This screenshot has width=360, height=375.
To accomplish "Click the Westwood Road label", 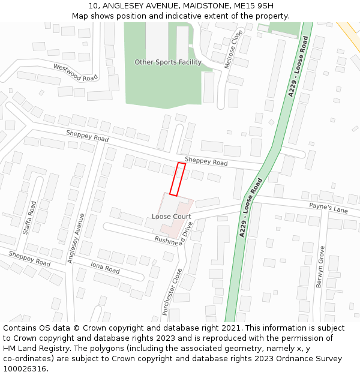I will [x=75, y=73].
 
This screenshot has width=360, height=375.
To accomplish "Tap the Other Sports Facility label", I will [x=168, y=62].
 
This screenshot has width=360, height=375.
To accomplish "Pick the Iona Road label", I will [x=106, y=266].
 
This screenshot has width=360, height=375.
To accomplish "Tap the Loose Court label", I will [x=171, y=217].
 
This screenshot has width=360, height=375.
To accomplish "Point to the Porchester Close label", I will [x=172, y=292].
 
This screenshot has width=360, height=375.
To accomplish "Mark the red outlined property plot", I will [x=177, y=179].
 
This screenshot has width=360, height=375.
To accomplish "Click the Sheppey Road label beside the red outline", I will [x=206, y=162].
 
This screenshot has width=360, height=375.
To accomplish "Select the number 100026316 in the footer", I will [x=24, y=368].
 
